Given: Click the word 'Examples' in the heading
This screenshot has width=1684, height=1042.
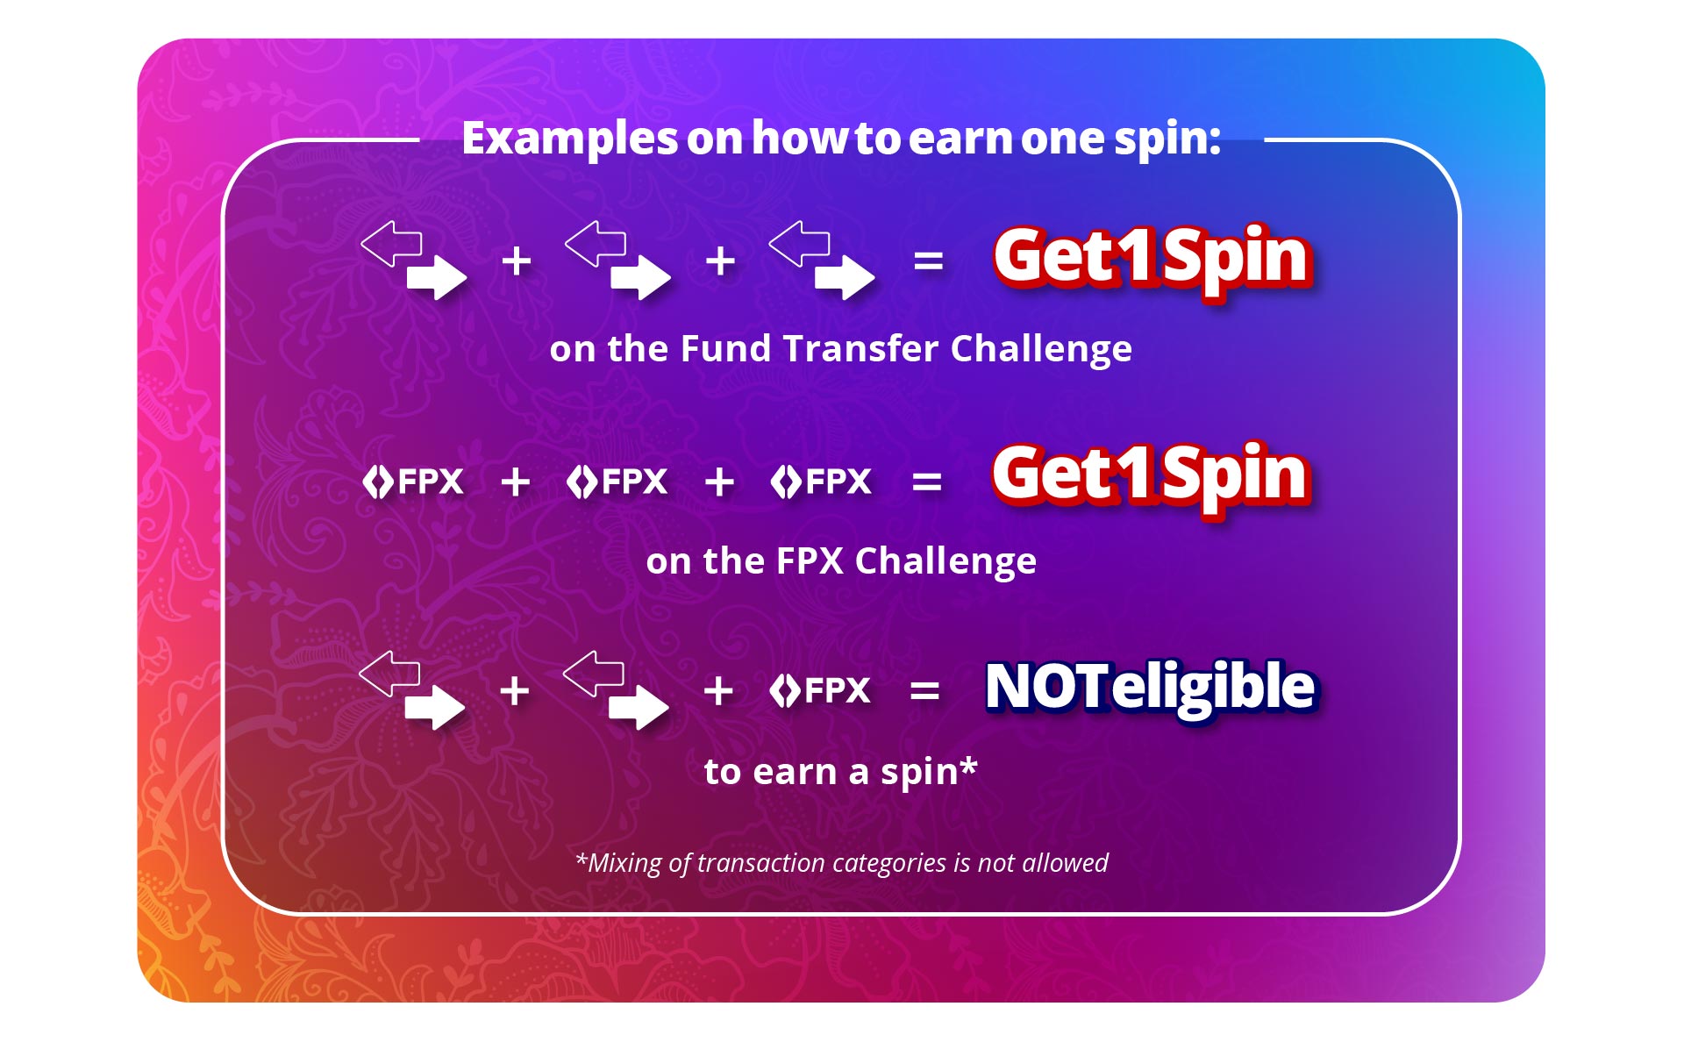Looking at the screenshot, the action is point(570,139).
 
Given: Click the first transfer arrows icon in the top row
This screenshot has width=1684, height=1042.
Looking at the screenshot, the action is point(414,260).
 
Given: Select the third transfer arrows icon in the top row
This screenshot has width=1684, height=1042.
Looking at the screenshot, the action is point(822,260).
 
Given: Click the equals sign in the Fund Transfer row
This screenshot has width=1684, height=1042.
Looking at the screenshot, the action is point(928,261).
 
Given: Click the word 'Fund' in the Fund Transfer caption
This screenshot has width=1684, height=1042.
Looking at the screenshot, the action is point(725,348).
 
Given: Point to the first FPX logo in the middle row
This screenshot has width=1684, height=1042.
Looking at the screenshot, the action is point(413,482).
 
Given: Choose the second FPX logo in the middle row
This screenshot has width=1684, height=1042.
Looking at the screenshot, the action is point(617,482).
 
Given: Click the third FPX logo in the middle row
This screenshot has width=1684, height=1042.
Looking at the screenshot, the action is point(821,482).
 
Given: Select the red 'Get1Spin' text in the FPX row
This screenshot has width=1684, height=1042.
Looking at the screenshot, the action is point(1151,475).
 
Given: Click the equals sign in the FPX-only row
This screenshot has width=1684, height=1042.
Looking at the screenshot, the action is point(927,482).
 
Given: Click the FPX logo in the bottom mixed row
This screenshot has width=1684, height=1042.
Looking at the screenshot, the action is point(820,691).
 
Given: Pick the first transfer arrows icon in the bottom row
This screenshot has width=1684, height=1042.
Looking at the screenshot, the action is point(412,690).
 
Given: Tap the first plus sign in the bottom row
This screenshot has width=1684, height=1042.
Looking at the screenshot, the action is point(515,691).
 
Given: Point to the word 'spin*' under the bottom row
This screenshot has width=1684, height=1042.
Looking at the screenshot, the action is point(929,772).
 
